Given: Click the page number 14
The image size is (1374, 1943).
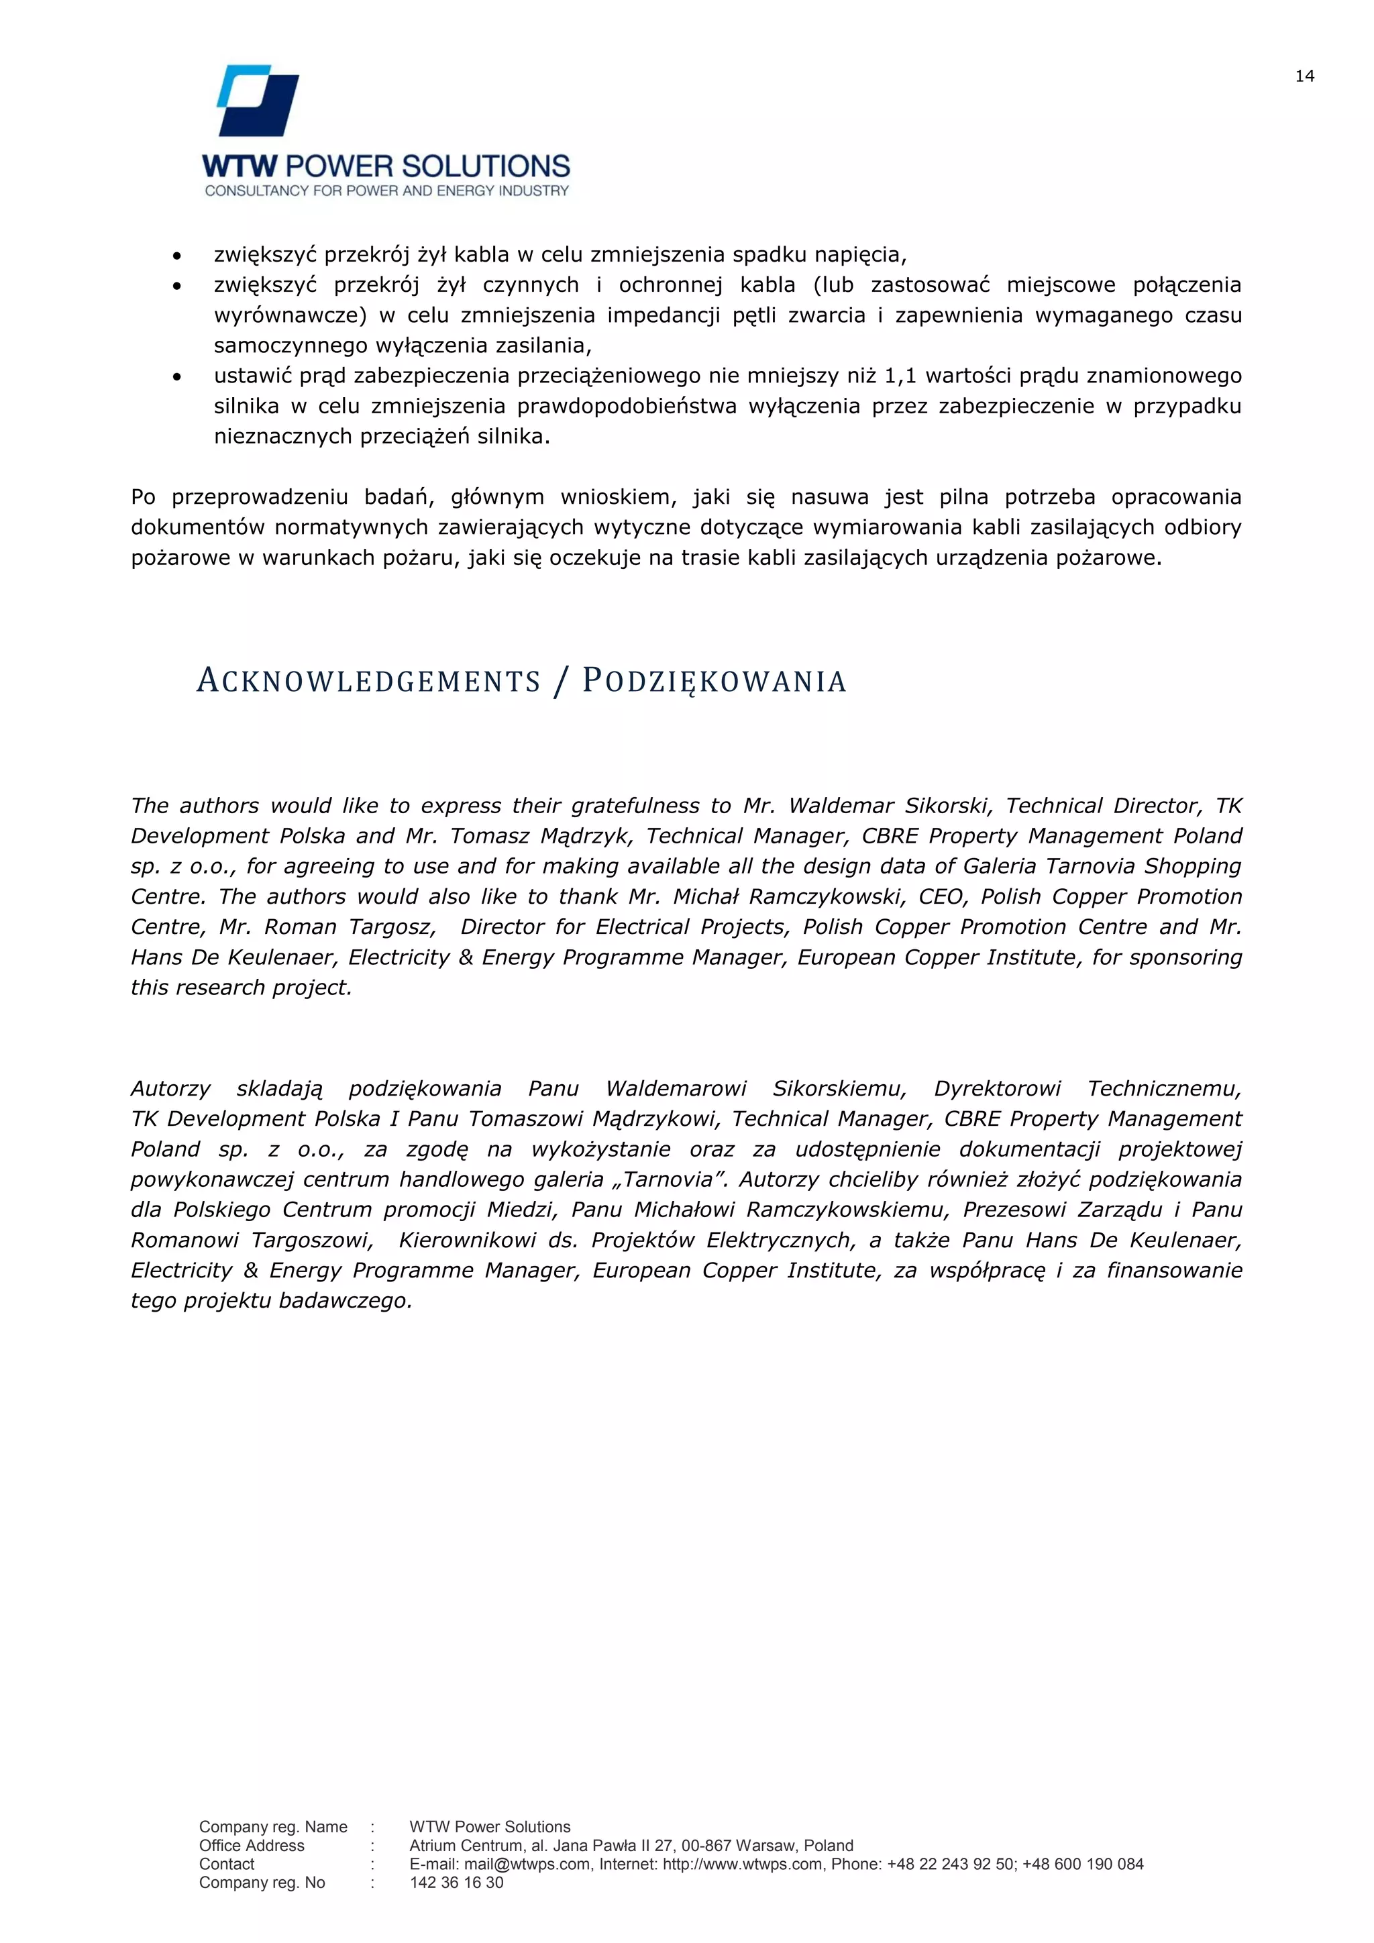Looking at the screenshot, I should tap(1304, 77).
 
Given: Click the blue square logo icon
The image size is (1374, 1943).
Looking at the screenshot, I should tap(258, 101).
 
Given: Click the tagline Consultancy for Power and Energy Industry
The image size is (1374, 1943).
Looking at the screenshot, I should tap(386, 191).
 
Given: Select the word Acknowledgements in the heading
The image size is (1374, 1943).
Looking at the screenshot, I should tap(368, 681).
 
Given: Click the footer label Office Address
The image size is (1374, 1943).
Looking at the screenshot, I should tap(252, 1846).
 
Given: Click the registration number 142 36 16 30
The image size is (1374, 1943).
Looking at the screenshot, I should tap(456, 1883).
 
